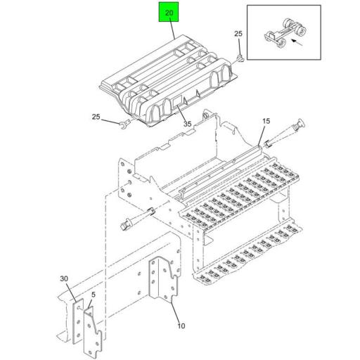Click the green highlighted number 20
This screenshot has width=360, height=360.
point(168,14)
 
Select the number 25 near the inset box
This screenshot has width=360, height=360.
point(238,34)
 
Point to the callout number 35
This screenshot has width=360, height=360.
point(188,124)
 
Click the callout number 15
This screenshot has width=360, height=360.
point(266,122)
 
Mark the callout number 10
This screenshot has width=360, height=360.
point(180,326)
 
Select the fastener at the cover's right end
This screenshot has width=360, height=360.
point(241,58)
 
